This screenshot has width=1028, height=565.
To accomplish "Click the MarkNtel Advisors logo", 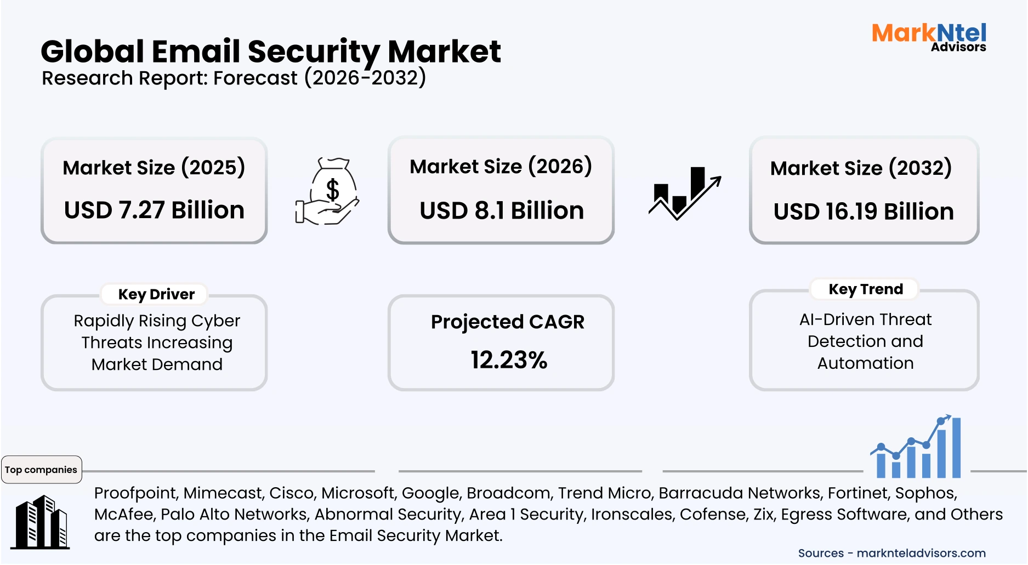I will [x=929, y=37].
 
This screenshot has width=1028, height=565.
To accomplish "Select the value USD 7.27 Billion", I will [x=154, y=210].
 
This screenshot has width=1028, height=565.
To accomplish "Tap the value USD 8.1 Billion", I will [x=502, y=211].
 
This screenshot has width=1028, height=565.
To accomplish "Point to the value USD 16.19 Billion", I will [x=864, y=212].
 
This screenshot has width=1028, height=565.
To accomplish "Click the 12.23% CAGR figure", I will [x=509, y=360].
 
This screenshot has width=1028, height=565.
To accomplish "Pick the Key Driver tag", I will [x=156, y=294].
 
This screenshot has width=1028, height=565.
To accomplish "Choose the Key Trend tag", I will [x=865, y=289].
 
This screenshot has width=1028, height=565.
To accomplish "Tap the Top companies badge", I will [x=41, y=470].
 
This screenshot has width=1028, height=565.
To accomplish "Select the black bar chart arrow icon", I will [x=684, y=193].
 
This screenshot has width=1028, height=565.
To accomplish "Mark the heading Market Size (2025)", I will [x=154, y=168].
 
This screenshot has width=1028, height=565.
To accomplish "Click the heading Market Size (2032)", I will [x=861, y=168].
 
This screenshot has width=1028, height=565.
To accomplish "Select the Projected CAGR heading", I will [x=508, y=322].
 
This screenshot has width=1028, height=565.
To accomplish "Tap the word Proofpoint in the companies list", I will [x=136, y=493].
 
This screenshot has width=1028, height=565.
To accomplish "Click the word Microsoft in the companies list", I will [x=359, y=493].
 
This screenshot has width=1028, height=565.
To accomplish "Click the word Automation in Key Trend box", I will [x=865, y=363].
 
